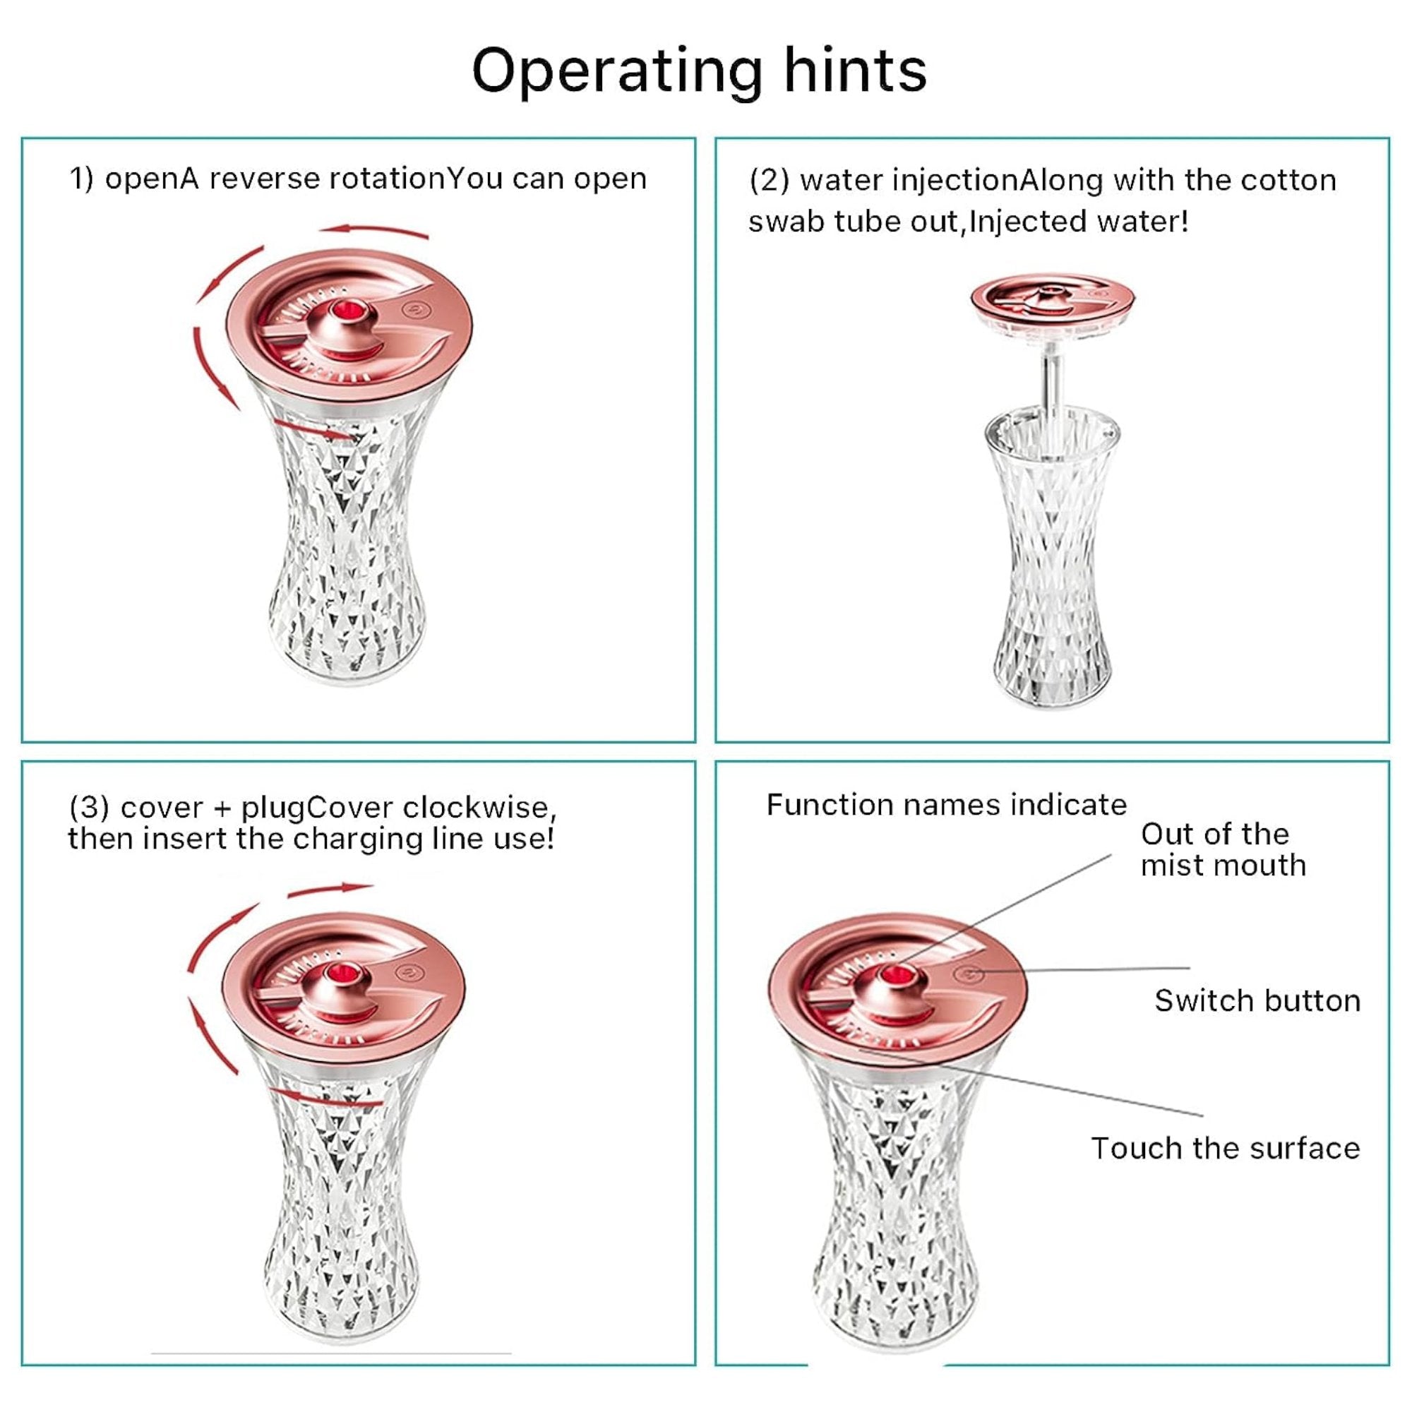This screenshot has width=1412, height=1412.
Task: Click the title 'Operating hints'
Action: coord(699,71)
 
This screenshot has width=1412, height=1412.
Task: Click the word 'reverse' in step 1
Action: coord(265,179)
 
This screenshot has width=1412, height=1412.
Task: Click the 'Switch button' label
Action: coord(1257,1000)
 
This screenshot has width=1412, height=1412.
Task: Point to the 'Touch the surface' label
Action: coord(1225,1148)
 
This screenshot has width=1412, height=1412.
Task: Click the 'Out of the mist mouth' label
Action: coord(1223,849)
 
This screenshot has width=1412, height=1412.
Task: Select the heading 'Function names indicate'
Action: coord(946,805)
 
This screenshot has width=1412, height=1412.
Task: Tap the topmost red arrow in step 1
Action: coord(374,231)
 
